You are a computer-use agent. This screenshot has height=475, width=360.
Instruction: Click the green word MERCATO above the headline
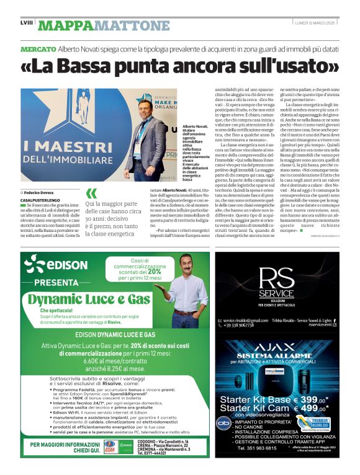[x=38, y=48]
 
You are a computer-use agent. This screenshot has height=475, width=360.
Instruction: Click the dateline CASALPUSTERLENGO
[x=41, y=201]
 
